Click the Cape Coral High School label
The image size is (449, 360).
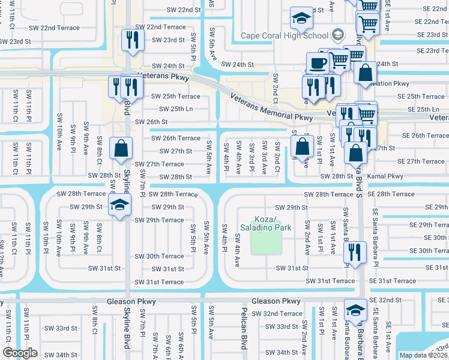pos(285,35)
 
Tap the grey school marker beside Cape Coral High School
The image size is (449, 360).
pos(338,34)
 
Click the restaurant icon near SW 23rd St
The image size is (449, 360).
pos(130,40)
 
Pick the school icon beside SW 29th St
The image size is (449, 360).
pos(120,205)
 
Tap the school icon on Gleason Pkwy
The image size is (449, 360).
pos(355,310)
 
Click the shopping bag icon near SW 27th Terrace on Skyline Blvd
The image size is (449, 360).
pos(121,149)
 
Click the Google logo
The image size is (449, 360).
pos(20,353)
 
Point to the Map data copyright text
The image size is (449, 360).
pos(424,355)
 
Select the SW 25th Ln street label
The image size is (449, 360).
pos(175,109)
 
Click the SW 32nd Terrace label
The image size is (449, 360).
pos(277,314)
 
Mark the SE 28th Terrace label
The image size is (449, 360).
pos(391,194)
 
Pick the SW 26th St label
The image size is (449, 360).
pos(150,122)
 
